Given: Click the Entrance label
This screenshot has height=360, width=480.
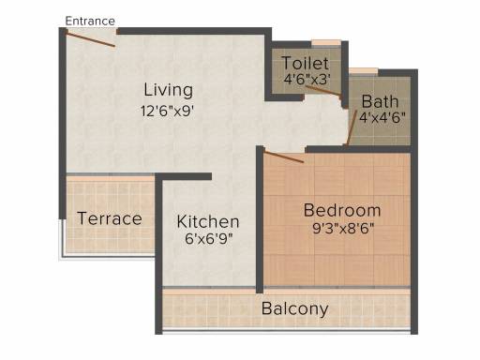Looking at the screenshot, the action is point(90,21).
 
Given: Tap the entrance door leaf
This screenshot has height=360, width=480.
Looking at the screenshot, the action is point(91,39).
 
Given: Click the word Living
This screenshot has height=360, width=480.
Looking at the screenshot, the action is point(168,90).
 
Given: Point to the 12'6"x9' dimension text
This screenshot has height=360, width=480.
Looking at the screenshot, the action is point(168,111).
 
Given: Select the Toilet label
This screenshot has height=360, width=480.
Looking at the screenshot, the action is point(306,64).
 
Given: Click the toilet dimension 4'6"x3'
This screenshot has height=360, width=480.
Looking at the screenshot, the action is point(307,79).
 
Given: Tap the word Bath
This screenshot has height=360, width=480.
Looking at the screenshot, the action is point(380,101).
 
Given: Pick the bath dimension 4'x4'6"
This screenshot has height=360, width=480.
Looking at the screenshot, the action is point(382,117).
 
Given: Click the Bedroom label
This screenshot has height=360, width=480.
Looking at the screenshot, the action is point(342,210).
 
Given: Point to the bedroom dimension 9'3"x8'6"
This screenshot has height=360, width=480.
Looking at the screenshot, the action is point(343,229).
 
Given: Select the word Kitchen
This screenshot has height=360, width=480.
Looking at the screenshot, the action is point(208,221).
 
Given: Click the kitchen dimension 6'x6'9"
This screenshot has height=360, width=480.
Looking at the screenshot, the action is point(209,239).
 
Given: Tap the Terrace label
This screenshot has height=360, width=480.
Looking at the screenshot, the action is point(110,218).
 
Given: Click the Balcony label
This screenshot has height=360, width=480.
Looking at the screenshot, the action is point(295,308).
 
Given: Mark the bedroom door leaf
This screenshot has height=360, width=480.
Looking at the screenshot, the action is point(284,157).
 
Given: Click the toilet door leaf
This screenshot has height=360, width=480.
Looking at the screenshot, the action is point(323,90).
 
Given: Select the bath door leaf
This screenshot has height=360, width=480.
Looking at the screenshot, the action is point(352,127).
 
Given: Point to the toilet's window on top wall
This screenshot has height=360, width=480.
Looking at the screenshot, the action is point(326,43).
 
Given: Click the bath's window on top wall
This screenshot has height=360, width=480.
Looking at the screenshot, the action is point(363,71).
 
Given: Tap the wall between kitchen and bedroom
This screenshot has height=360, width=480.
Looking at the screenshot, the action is point(260,219).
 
